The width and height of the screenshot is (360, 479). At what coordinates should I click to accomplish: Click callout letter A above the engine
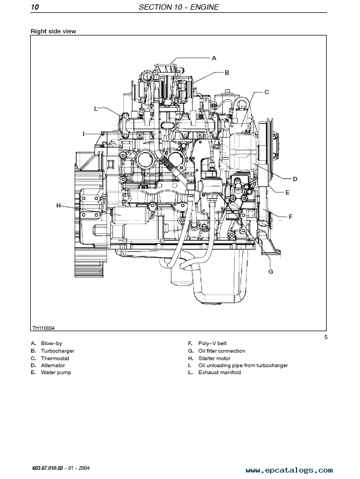click(x=214, y=58)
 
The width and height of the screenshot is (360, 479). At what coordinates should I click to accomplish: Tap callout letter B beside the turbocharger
click(x=227, y=73)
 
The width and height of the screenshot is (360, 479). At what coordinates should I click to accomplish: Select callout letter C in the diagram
click(x=266, y=92)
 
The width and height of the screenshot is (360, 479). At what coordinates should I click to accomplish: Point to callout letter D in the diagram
click(x=295, y=179)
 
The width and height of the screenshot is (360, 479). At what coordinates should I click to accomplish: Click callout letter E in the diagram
click(x=287, y=192)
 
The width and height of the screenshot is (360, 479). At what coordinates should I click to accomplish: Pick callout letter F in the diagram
click(x=291, y=217)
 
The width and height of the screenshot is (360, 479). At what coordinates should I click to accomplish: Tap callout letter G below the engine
click(x=271, y=271)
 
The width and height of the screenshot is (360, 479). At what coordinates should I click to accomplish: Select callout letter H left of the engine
click(x=59, y=205)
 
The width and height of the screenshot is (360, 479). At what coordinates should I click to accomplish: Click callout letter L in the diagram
click(x=96, y=109)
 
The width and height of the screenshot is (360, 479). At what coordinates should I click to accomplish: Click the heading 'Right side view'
click(x=53, y=31)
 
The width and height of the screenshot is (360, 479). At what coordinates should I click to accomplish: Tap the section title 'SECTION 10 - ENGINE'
click(x=179, y=7)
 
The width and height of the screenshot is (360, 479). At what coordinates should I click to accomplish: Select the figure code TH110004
click(x=44, y=328)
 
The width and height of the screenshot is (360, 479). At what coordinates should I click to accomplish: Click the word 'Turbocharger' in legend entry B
click(x=58, y=351)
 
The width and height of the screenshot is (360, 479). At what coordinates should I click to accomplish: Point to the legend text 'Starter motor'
click(x=214, y=359)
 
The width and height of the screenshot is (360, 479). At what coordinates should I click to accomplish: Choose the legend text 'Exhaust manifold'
click(x=220, y=373)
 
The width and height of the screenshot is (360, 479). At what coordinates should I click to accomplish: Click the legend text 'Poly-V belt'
click(x=212, y=344)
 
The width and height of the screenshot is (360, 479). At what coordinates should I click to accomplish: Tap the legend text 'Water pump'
click(x=56, y=373)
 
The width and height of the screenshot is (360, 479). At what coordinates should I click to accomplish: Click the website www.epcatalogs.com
click(x=289, y=470)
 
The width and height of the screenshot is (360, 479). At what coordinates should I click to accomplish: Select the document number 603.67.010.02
click(x=47, y=468)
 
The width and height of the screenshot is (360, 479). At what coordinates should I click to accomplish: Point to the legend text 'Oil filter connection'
click(x=222, y=351)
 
